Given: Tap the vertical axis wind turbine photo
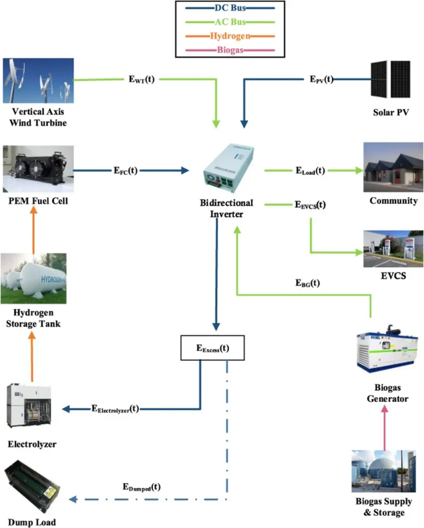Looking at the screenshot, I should click(x=38, y=80).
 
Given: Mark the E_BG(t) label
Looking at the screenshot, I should click(x=307, y=283).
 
